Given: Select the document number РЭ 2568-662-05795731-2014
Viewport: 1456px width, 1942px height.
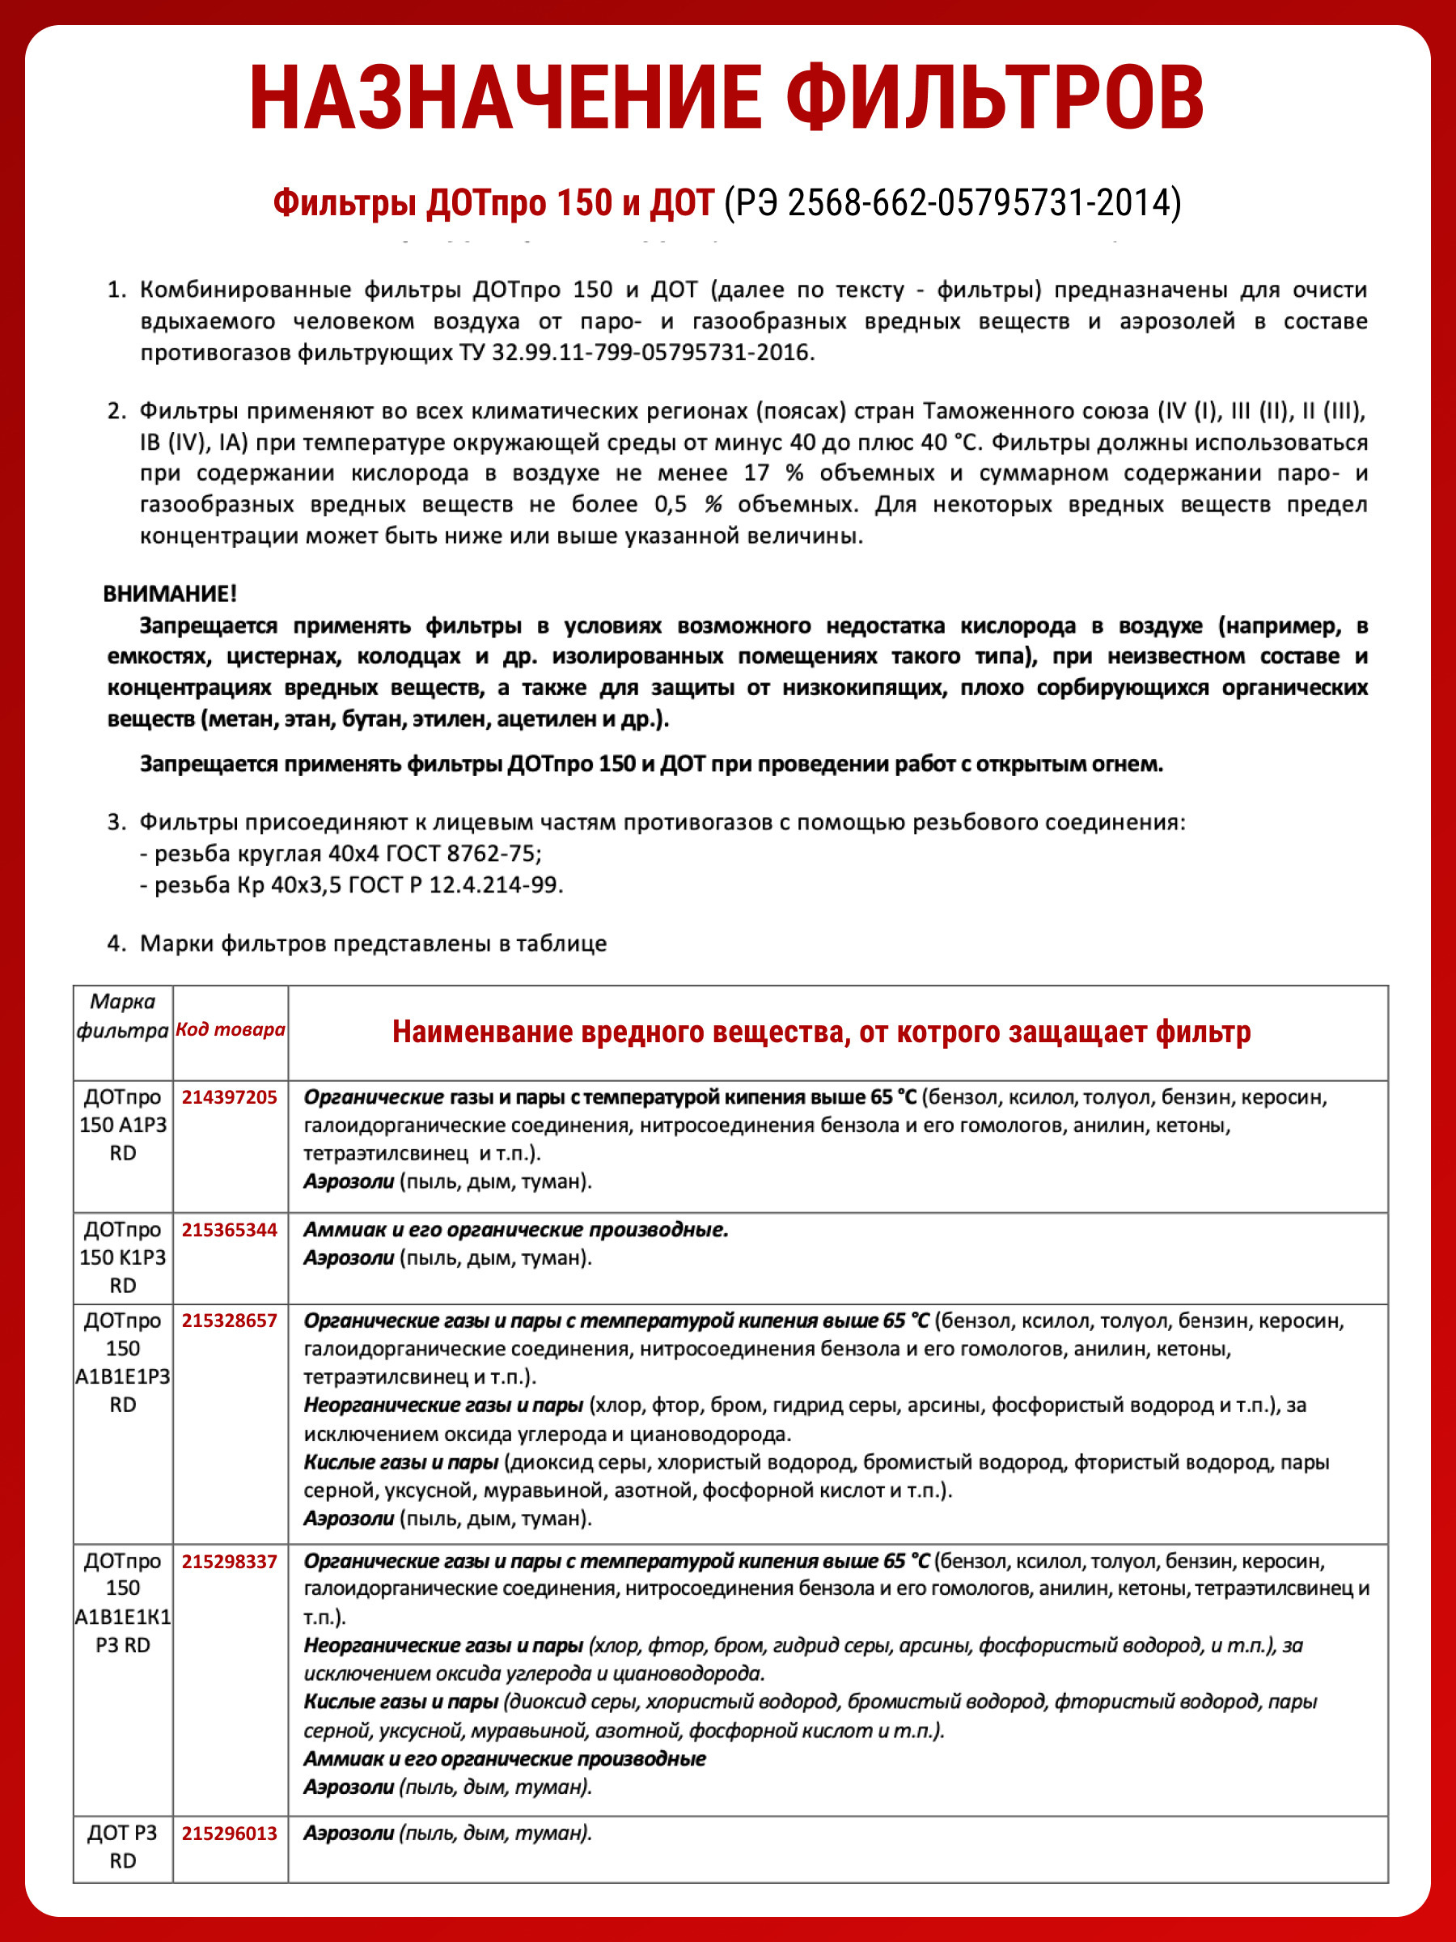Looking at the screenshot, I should pos(952,203).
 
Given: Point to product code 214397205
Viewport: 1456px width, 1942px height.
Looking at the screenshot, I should pos(229,1096).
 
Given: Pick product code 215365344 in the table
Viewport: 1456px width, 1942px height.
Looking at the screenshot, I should pos(229,1229).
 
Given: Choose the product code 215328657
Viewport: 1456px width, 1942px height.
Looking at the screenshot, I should pos(229,1321).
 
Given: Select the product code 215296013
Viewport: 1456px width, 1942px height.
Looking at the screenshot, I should pos(229,1833).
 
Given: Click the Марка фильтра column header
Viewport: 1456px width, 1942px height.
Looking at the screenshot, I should pos(122,1016).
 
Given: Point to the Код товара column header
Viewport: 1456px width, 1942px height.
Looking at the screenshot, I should pos(230,1029).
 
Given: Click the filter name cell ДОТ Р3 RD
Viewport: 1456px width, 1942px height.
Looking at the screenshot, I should pos(122,1847).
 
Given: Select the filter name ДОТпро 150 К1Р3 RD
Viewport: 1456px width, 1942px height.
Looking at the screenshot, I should pos(122,1257).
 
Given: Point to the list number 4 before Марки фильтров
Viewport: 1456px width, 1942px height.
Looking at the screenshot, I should pos(116,943).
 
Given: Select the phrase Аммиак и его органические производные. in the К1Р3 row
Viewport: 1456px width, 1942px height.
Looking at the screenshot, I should pos(516,1229).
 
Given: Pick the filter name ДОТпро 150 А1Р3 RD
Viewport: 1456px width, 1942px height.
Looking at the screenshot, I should pos(122,1125).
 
